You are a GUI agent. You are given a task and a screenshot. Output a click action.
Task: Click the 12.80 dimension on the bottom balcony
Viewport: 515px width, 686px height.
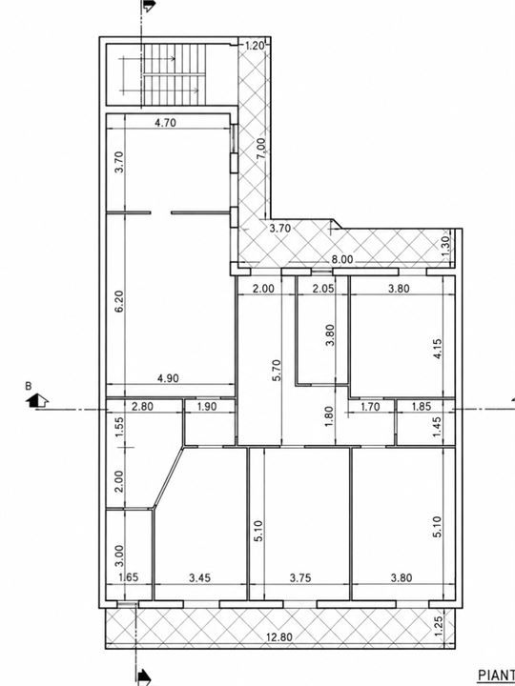click(279, 637)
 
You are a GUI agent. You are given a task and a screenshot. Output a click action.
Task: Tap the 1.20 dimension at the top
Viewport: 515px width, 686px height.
click(254, 46)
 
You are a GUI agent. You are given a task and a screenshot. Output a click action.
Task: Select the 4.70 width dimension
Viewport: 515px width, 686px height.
click(166, 123)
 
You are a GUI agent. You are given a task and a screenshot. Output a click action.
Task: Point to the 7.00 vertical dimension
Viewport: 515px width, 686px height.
click(260, 149)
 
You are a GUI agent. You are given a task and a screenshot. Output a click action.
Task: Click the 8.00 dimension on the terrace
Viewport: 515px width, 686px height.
click(341, 259)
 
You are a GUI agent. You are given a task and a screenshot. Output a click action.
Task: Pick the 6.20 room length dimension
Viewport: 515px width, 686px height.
click(119, 301)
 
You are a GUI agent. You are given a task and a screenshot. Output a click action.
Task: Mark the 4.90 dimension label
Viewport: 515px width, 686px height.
click(168, 378)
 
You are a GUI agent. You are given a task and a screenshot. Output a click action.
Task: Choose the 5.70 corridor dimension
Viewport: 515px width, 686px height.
click(277, 370)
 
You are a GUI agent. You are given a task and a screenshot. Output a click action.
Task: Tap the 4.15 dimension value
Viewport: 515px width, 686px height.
click(437, 349)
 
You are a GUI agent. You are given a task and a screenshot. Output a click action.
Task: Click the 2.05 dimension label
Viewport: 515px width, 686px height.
click(323, 289)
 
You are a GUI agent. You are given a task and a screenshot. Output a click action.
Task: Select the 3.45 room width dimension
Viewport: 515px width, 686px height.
click(199, 578)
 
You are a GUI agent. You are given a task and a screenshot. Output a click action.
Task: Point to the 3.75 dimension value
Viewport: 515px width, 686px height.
click(300, 578)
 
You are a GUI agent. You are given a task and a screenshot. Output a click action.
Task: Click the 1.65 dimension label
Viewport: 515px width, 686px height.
click(129, 577)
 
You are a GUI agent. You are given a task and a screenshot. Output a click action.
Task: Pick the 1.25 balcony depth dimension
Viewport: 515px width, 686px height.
click(440, 622)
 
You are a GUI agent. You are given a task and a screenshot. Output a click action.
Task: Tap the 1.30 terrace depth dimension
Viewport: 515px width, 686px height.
click(445, 247)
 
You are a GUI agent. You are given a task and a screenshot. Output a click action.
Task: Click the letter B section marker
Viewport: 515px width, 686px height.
click(29, 386)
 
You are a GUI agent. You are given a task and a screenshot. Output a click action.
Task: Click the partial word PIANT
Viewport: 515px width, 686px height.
click(496, 675)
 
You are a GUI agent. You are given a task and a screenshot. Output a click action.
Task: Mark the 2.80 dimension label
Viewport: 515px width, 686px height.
click(143, 407)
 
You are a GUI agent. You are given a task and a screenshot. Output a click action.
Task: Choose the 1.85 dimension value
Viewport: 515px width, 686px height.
click(422, 407)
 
